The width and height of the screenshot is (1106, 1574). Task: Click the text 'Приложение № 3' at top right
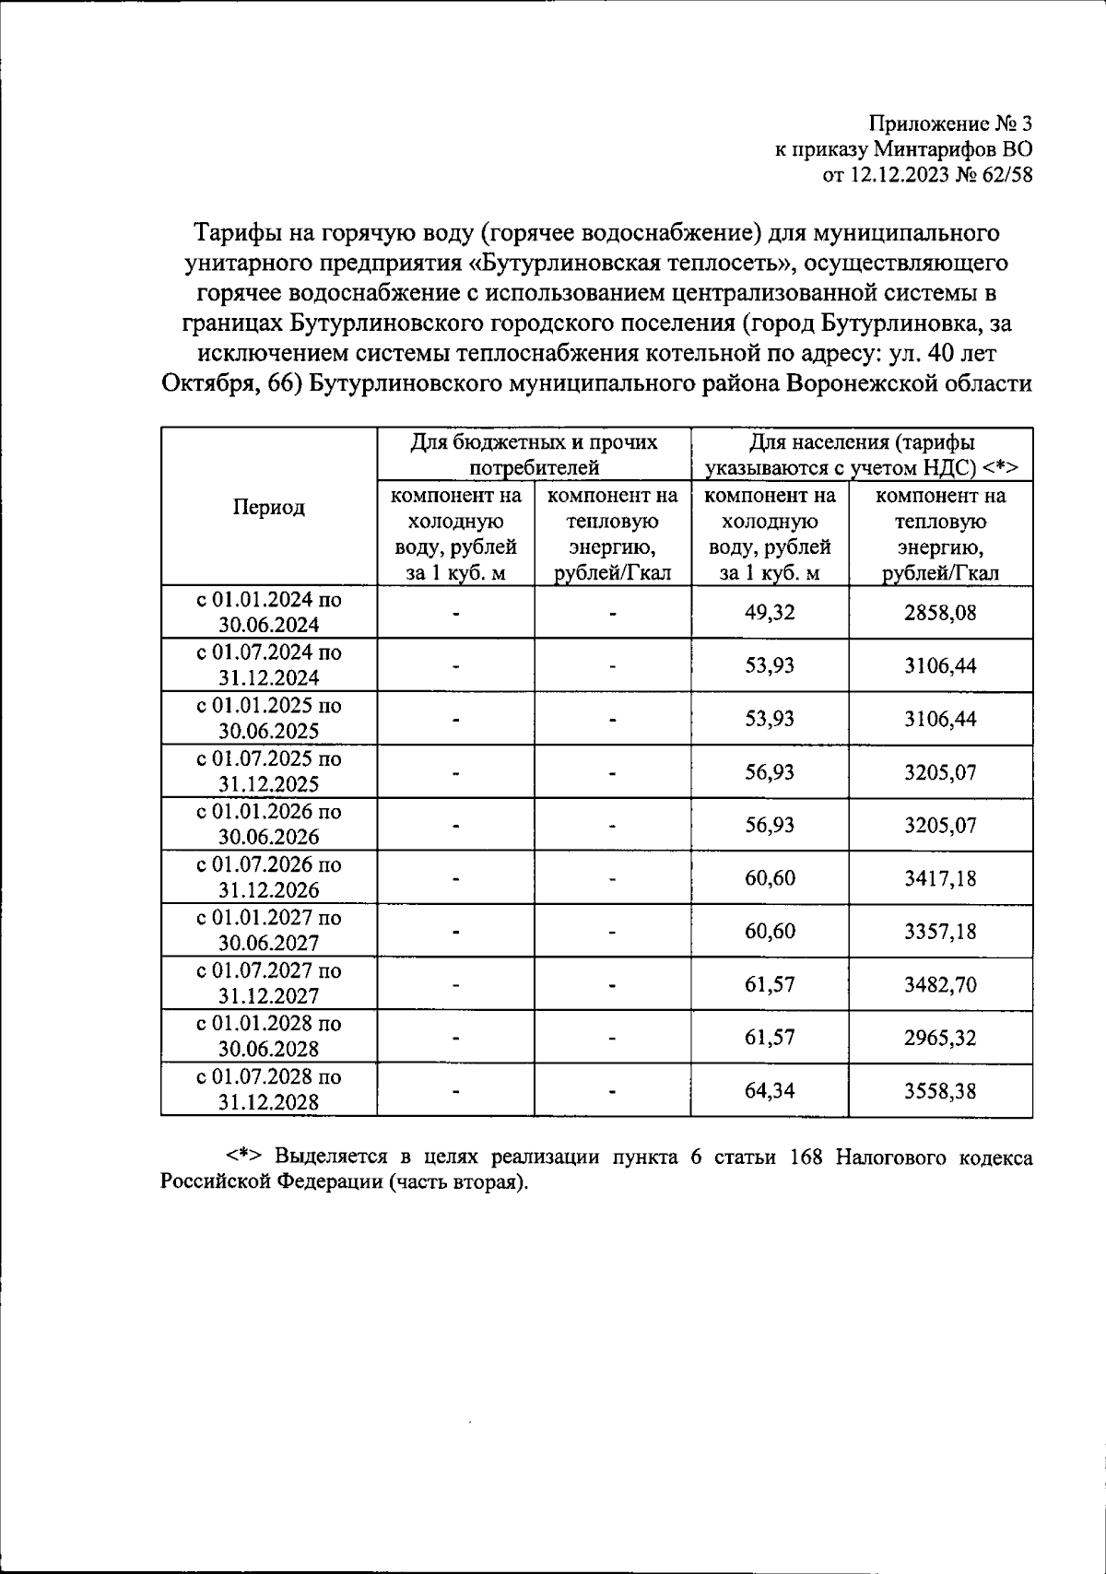tap(951, 123)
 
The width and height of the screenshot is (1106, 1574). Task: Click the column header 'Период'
tap(268, 507)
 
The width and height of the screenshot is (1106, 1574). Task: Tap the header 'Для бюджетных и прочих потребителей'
tap(534, 454)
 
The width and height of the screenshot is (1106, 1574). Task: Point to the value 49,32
tap(770, 613)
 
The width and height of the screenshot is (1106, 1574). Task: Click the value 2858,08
tap(940, 613)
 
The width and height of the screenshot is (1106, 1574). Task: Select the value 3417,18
tap(940, 878)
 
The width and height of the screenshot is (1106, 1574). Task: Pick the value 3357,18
tap(940, 932)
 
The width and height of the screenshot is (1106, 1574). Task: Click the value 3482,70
tap(940, 984)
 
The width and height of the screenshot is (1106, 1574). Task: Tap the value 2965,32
tap(940, 1038)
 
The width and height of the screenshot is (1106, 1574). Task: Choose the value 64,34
tap(770, 1091)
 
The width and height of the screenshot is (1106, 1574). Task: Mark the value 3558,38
tap(940, 1091)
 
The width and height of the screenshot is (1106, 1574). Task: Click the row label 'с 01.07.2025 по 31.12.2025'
tap(268, 771)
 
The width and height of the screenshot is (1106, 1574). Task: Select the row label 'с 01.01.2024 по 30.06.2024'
tap(268, 612)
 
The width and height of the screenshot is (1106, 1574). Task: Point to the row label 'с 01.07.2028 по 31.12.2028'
tap(268, 1090)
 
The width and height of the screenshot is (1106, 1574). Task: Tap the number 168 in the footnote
tap(806, 1157)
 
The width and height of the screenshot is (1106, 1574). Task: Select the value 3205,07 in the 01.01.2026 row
tap(940, 825)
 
